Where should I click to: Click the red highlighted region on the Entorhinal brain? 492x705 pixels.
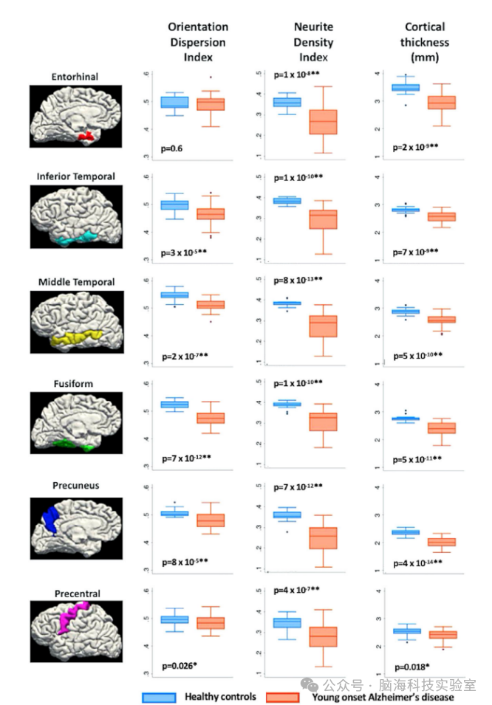tap(86, 136)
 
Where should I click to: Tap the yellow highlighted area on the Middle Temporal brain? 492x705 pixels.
tap(74, 340)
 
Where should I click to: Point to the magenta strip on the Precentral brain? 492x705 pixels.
tap(69, 621)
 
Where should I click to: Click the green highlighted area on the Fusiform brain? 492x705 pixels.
tap(70, 444)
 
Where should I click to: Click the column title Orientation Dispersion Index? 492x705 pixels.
tap(197, 42)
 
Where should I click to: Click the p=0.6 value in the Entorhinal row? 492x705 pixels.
tap(172, 148)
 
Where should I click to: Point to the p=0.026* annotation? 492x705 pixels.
tap(179, 665)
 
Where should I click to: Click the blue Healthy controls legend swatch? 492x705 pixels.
tap(159, 697)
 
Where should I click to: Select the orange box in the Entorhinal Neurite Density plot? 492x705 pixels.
tap(322, 122)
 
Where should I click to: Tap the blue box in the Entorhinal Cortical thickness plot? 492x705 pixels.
tap(405, 87)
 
